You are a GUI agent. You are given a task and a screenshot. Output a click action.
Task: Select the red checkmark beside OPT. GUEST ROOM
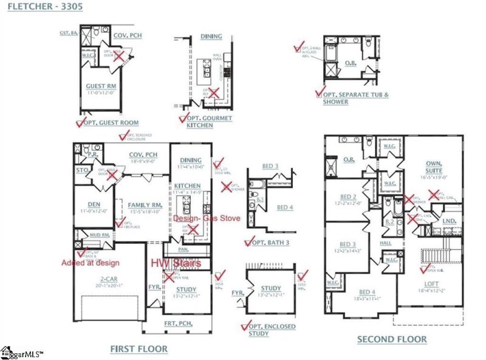click(x=80, y=122)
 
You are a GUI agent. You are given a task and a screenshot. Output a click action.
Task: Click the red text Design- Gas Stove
click(x=206, y=218)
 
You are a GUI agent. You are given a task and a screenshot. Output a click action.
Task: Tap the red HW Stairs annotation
click(x=184, y=263)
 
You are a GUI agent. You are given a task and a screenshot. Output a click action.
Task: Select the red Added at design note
click(x=90, y=263)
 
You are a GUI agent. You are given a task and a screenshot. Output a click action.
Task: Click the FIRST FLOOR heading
click(x=139, y=349)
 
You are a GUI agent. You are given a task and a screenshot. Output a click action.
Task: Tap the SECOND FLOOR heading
click(x=391, y=339)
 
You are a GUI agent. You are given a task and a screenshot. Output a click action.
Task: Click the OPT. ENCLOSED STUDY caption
click(x=273, y=330)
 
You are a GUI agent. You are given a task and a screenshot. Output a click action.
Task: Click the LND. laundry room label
click(x=450, y=221)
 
